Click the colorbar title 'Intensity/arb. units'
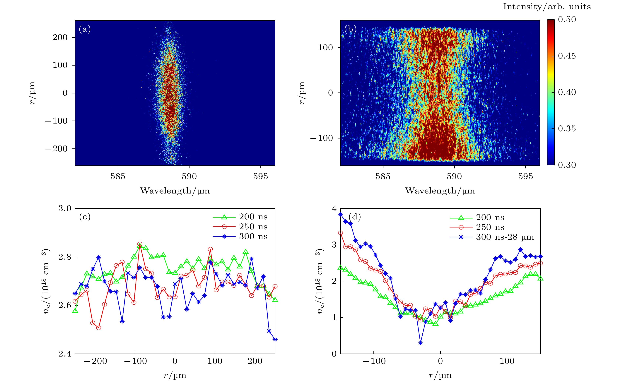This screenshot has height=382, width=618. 547,7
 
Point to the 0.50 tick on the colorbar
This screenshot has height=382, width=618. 567,20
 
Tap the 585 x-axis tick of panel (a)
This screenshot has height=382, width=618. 118,176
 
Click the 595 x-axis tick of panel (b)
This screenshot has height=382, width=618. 525,176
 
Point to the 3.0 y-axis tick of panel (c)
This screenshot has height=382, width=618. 65,209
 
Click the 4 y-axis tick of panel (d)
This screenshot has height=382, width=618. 334,209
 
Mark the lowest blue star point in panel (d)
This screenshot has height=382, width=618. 420,343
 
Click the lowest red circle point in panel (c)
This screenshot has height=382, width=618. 98,328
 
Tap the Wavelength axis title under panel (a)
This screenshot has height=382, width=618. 175,191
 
